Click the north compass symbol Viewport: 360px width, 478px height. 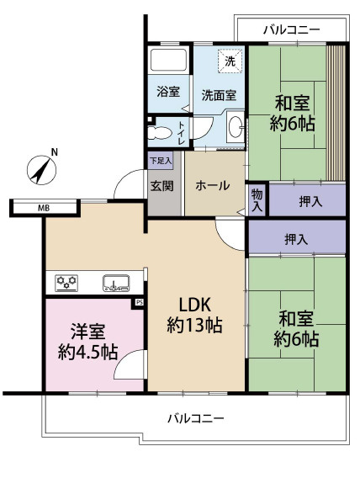pyautogui.click(x=42, y=170)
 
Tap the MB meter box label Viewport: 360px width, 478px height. pyautogui.click(x=44, y=208)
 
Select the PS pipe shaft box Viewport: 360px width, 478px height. pyautogui.click(x=139, y=303)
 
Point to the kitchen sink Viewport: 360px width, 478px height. pyautogui.click(x=116, y=284)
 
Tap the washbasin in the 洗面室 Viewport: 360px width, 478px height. pyautogui.click(x=236, y=127)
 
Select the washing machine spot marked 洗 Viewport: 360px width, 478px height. pyautogui.click(x=230, y=61)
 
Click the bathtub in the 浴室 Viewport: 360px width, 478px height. pyautogui.click(x=168, y=60)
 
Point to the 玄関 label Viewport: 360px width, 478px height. pyautogui.click(x=162, y=186)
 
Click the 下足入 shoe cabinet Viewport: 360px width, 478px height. pyautogui.click(x=161, y=161)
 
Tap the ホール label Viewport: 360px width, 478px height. pyautogui.click(x=212, y=185)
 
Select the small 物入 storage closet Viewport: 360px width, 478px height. pyautogui.click(x=257, y=200)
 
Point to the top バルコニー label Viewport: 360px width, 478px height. pyautogui.click(x=292, y=30)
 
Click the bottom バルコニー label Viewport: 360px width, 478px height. pyautogui.click(x=196, y=418)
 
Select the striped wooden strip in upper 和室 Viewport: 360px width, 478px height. pyautogui.click(x=336, y=113)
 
